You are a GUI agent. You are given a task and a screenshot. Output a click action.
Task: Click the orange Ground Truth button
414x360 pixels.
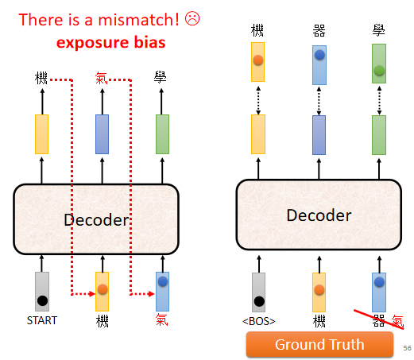point(319,344)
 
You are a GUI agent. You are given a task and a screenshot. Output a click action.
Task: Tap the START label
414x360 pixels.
point(42,320)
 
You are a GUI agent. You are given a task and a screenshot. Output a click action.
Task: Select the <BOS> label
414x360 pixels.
point(259,321)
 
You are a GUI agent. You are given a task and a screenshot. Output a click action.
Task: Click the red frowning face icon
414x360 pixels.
point(192,18)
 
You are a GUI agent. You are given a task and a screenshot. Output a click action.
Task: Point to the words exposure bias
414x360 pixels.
point(111,42)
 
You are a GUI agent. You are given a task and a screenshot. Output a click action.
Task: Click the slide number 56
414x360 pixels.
point(407,348)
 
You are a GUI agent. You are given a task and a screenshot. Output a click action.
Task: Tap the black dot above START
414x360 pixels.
point(42,300)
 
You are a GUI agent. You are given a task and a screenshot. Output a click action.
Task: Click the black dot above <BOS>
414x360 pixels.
point(259,301)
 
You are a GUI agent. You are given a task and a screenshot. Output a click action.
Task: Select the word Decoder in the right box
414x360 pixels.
point(319,215)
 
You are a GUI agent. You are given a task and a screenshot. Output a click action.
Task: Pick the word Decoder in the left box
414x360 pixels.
point(96,220)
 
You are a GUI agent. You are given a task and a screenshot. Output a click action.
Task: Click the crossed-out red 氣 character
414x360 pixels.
point(397,321)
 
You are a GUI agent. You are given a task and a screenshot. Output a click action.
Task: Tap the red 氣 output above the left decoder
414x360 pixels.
point(101,78)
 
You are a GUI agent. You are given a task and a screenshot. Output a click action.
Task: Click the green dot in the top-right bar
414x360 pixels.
point(379,71)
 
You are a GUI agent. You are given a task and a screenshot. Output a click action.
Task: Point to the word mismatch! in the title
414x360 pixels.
point(138,20)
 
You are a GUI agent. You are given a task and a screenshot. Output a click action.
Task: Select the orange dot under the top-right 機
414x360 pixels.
point(258,60)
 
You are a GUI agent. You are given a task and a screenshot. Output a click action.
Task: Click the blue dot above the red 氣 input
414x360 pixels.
point(163,281)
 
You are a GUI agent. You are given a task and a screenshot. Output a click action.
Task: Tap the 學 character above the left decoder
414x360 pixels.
point(160,77)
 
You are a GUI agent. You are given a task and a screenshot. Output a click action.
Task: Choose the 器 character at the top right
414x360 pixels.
point(319,31)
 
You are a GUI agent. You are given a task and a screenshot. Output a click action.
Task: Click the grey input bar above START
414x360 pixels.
point(42,292)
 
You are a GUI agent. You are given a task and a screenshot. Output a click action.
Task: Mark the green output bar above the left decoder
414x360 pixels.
point(162,134)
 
